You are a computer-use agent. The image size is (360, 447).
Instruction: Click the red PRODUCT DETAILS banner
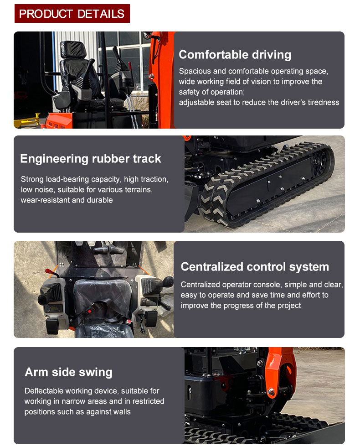(72, 13)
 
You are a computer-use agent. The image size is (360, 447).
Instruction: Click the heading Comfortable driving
(235, 55)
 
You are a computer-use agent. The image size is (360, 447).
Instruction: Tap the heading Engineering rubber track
(91, 159)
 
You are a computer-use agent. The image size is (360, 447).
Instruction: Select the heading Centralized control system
(255, 267)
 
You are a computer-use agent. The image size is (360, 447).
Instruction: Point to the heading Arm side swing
(69, 372)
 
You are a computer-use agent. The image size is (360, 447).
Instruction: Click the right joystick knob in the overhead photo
(168, 281)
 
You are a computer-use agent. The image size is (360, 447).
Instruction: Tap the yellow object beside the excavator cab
(26, 121)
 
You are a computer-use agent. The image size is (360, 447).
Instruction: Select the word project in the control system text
(289, 306)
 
